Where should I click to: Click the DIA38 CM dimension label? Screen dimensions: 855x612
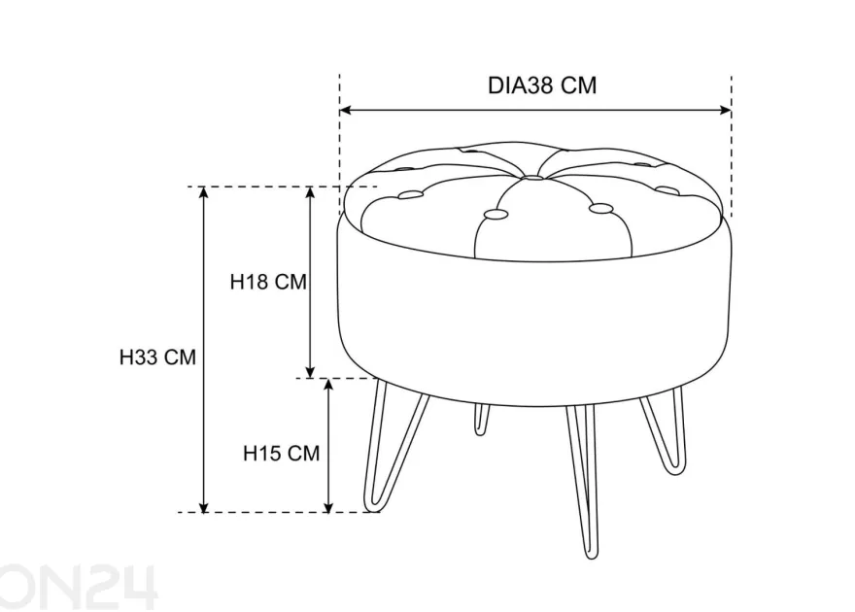(542, 85)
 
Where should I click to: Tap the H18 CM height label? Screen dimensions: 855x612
(268, 282)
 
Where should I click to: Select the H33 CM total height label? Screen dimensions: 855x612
(157, 357)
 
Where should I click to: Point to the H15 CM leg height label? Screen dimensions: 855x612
(282, 453)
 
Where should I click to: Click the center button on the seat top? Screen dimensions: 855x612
(532, 178)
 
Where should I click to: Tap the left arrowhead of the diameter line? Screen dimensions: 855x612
(345, 111)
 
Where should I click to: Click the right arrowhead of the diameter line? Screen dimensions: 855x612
(725, 111)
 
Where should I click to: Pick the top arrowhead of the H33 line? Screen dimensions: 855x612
(203, 192)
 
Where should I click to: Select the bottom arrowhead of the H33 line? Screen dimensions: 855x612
(203, 507)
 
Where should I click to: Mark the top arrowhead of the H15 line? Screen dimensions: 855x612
(328, 384)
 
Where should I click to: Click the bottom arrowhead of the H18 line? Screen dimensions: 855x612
(310, 372)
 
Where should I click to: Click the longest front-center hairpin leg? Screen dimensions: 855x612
(581, 482)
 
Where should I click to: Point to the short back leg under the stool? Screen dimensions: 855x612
(481, 419)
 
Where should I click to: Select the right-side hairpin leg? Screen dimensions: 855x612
(665, 431)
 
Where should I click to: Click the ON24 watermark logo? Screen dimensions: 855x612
(79, 587)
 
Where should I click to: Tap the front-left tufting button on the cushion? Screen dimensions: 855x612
(496, 214)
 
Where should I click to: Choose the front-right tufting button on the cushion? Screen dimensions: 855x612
(601, 208)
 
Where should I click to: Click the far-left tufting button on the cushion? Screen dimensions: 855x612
(411, 194)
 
